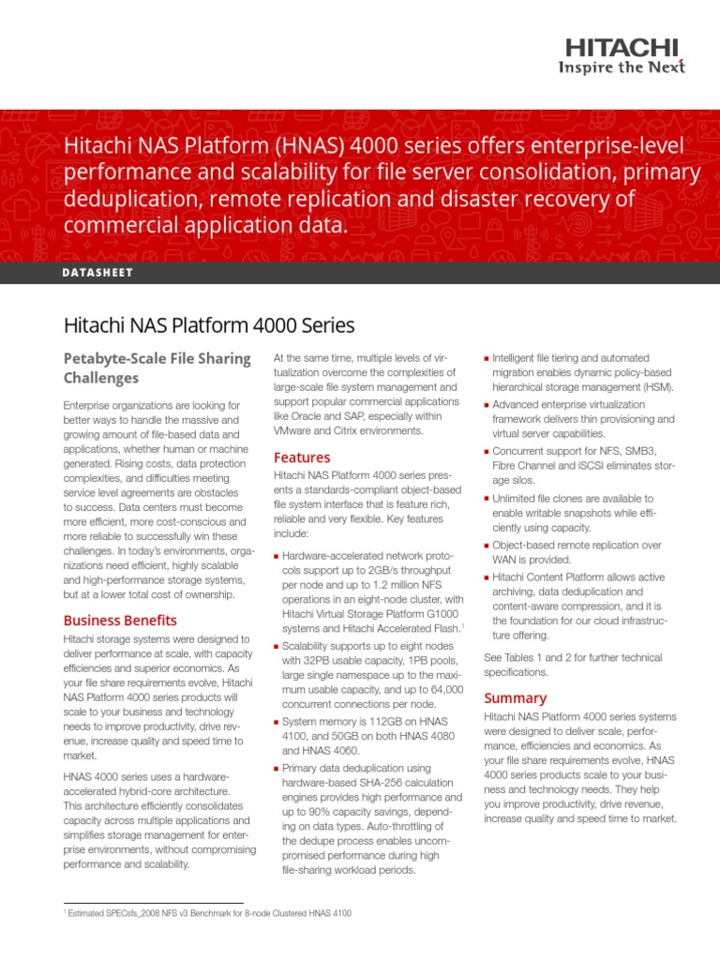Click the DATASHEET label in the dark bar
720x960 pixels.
click(x=98, y=272)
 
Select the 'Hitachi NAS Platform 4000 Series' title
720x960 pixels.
click(x=208, y=325)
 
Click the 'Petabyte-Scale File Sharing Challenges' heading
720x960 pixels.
click(x=157, y=367)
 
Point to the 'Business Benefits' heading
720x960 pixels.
click(x=119, y=620)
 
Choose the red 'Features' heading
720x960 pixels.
click(x=301, y=457)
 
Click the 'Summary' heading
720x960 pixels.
click(x=515, y=697)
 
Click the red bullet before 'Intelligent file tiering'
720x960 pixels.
click(x=487, y=358)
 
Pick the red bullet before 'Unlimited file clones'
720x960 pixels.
click(x=487, y=499)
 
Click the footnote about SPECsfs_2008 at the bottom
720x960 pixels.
click(x=206, y=912)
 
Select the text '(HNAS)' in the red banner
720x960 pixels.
click(x=310, y=147)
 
